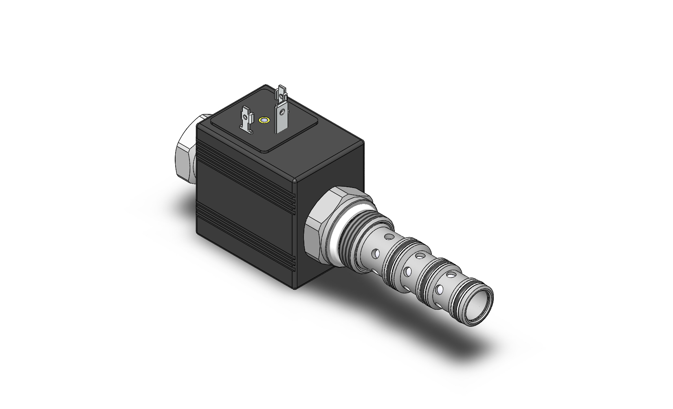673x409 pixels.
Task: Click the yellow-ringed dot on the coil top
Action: [264, 120]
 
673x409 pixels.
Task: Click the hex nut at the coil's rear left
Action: [185, 150]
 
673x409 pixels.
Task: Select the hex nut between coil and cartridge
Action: [322, 228]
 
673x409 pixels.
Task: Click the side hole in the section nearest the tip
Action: [439, 289]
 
